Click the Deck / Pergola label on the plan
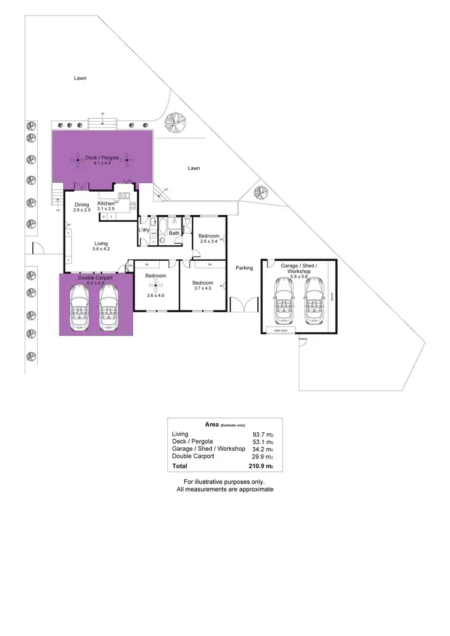[x=101, y=157]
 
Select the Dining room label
[x=82, y=204]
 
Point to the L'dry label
[x=144, y=230]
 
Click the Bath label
[x=174, y=233]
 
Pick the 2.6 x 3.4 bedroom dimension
[x=209, y=242]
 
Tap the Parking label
[x=244, y=268]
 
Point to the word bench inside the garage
[x=331, y=298]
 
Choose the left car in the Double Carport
[x=80, y=306]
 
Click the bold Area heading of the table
[x=212, y=424]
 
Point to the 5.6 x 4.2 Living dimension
[x=101, y=250]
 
